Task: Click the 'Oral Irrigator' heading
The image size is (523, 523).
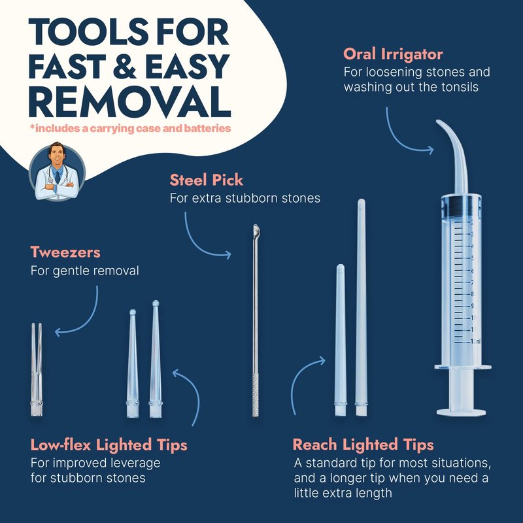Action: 393,54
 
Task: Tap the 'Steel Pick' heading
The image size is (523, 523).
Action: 207,180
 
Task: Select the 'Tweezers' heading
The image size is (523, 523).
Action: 65,252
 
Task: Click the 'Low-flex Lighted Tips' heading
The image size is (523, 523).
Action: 109,445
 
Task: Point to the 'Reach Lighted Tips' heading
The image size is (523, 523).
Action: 363,445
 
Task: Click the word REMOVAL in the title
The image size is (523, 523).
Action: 129,101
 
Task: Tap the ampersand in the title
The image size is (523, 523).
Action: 125,67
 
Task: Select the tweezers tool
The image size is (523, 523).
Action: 37,369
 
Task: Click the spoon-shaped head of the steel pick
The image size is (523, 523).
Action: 256,230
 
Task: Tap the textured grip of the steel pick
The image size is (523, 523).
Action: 256,396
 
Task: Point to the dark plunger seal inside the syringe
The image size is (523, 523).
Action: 461,206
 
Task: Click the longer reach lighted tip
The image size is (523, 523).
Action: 361,307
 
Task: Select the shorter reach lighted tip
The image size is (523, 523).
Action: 341,340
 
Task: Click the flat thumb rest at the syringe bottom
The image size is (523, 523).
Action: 462,413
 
